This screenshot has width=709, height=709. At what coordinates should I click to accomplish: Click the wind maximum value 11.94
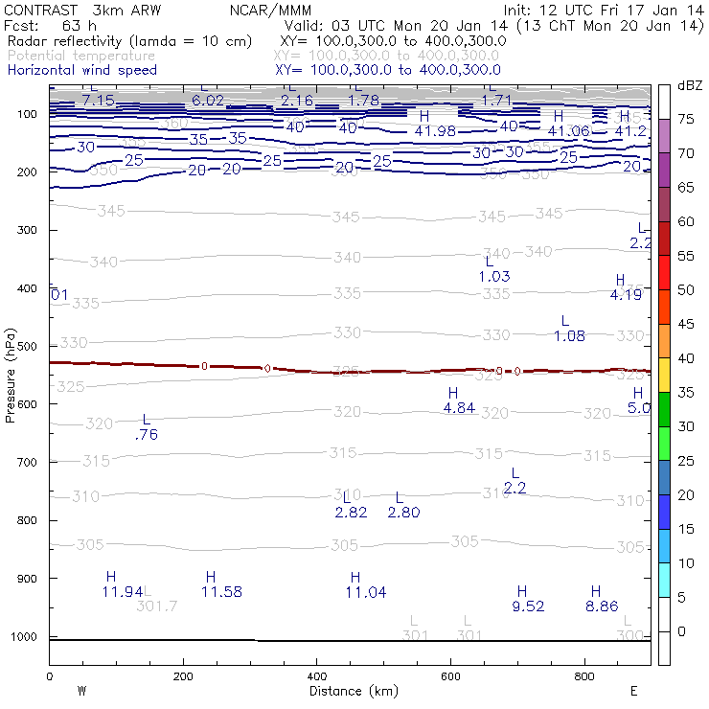123,592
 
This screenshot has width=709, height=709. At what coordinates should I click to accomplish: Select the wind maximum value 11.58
221,592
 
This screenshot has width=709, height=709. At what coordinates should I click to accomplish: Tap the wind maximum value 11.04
365,592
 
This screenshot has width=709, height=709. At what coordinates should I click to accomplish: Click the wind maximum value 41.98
434,131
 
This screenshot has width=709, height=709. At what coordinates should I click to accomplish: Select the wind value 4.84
459,408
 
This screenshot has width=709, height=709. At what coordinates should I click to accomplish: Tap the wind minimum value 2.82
351,513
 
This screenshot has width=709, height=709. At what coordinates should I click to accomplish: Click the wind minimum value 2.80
403,513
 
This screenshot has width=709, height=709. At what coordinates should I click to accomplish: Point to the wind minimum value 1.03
493,276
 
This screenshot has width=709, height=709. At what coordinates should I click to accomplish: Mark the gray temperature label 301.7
157,606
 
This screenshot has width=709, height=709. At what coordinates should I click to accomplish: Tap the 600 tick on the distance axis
450,675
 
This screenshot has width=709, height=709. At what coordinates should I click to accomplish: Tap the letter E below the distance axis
633,691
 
